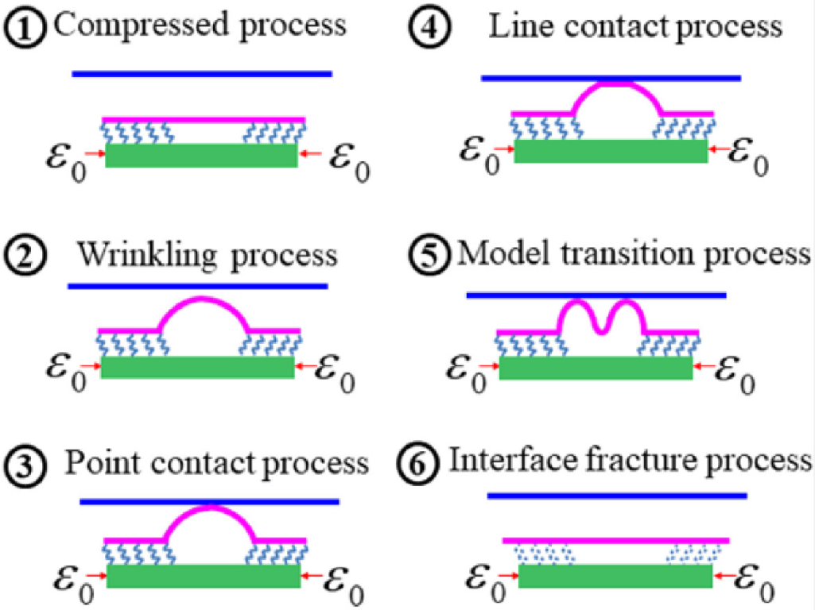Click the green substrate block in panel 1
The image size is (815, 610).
pyautogui.click(x=201, y=156)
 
